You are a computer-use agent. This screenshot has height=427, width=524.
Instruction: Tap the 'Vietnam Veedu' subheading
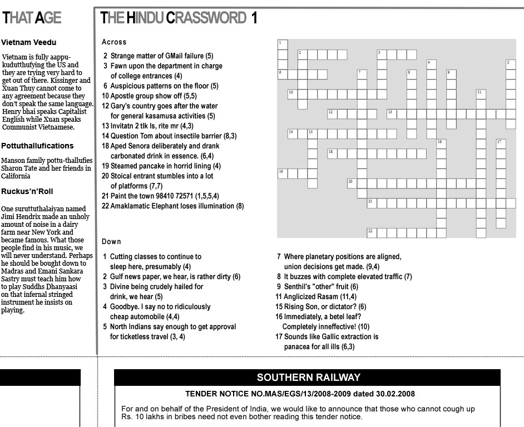29,42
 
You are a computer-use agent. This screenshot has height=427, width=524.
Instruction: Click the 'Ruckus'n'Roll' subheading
27,191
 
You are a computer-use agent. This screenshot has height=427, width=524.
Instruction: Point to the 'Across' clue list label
114,42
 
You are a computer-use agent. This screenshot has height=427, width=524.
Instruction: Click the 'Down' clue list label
111,241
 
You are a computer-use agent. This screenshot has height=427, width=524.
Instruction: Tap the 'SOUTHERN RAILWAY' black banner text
308,378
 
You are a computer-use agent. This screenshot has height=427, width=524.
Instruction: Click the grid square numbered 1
283,44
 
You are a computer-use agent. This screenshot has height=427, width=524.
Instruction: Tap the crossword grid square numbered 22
371,232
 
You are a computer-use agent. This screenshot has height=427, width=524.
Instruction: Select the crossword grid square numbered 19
283,173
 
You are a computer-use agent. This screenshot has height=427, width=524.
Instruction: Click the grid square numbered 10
293,93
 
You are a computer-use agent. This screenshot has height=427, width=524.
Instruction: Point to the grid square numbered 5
511,64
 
